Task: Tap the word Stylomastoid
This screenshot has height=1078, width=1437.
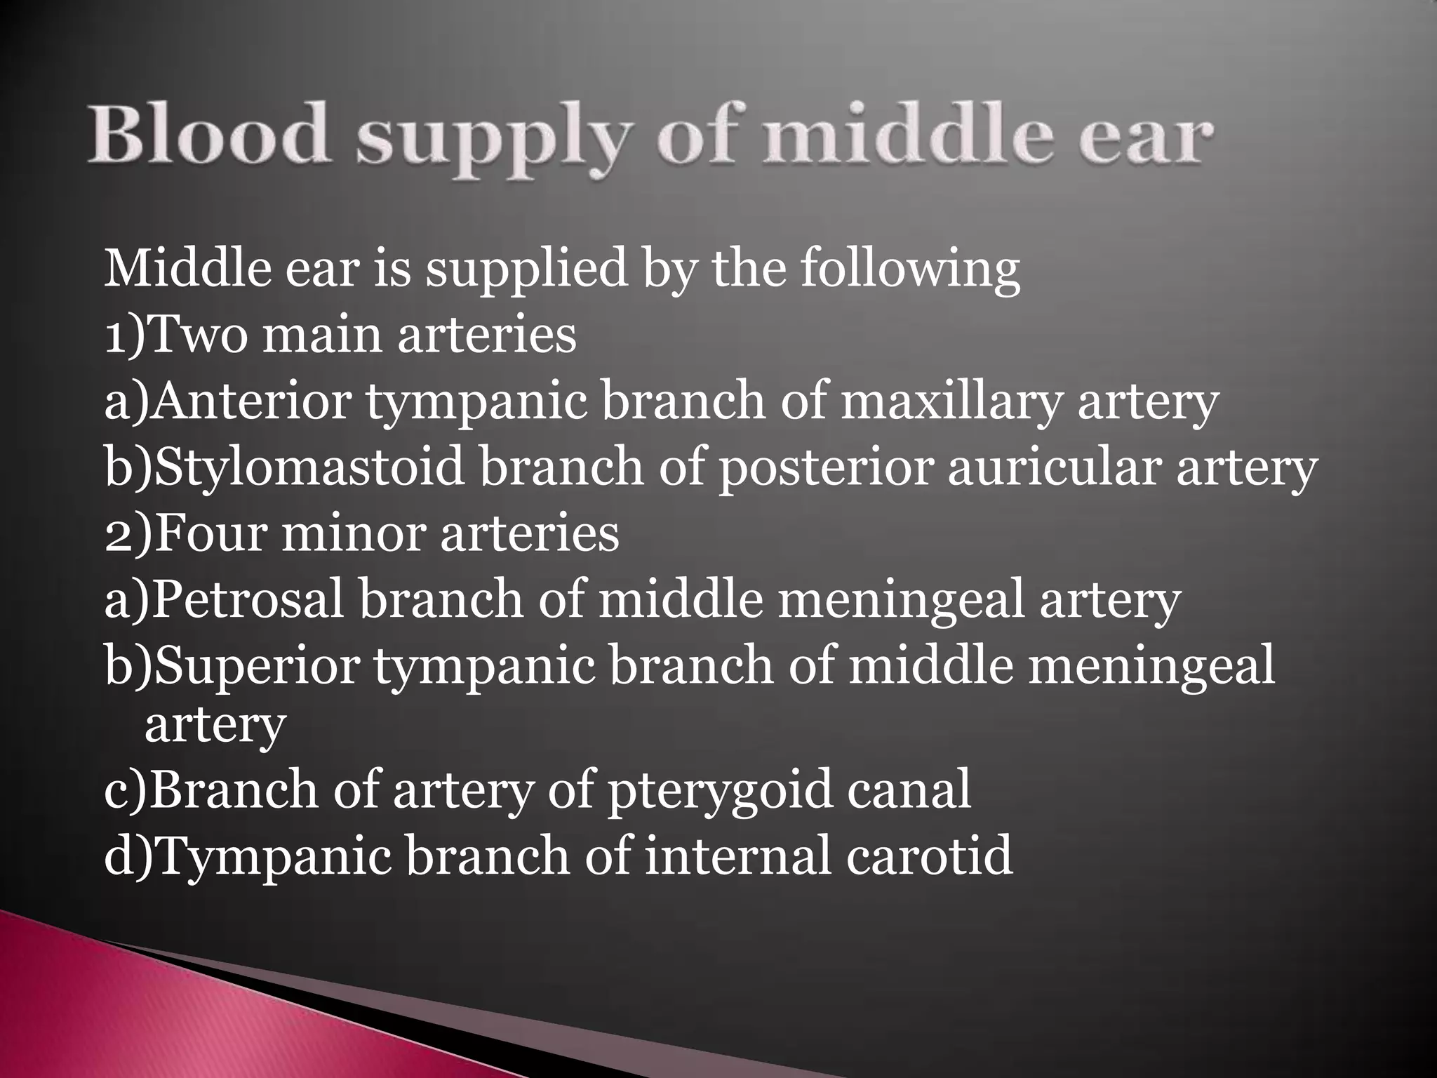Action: pos(309,469)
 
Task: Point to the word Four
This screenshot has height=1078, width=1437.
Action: pos(210,533)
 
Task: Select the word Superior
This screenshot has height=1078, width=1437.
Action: pos(257,667)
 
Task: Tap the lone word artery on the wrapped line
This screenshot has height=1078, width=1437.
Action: pos(215,727)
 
